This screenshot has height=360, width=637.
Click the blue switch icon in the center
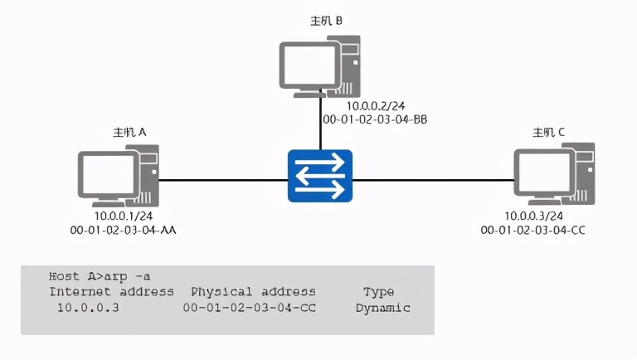(x=320, y=176)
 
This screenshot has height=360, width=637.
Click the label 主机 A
(x=130, y=133)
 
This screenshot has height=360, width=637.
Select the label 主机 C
(x=549, y=133)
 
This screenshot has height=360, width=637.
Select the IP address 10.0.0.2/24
(x=374, y=106)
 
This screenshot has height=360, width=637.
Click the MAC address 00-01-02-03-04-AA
(x=124, y=230)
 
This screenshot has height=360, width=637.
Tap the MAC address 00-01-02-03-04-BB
(x=375, y=119)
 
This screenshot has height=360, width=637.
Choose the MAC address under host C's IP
(x=533, y=230)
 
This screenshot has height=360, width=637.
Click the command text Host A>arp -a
(x=100, y=276)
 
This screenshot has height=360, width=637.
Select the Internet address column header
(x=111, y=292)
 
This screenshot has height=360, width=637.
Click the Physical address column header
(x=253, y=292)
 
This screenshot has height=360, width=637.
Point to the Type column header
(x=378, y=292)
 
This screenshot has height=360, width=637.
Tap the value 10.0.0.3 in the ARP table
(x=88, y=308)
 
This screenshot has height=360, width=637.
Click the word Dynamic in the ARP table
(x=382, y=308)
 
